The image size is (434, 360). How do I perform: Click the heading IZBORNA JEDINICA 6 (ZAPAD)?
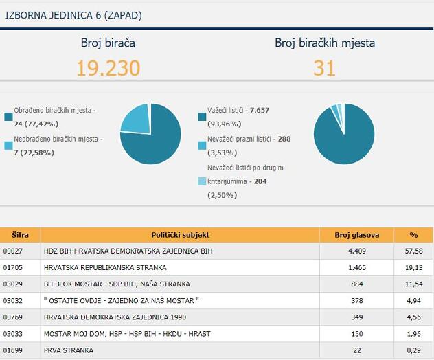[74, 14]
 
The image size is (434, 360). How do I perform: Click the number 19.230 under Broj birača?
[108, 67]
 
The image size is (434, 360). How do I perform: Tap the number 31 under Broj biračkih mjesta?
[324, 67]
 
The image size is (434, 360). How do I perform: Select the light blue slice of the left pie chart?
[135, 116]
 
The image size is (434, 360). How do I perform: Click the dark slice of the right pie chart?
[343, 137]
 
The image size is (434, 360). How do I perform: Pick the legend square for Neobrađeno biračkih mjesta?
[8, 146]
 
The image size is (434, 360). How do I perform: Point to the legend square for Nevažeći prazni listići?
[202, 146]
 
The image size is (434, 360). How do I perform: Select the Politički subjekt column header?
[180, 234]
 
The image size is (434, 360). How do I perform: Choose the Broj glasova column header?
[356, 234]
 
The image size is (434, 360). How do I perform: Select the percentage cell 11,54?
[413, 284]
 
